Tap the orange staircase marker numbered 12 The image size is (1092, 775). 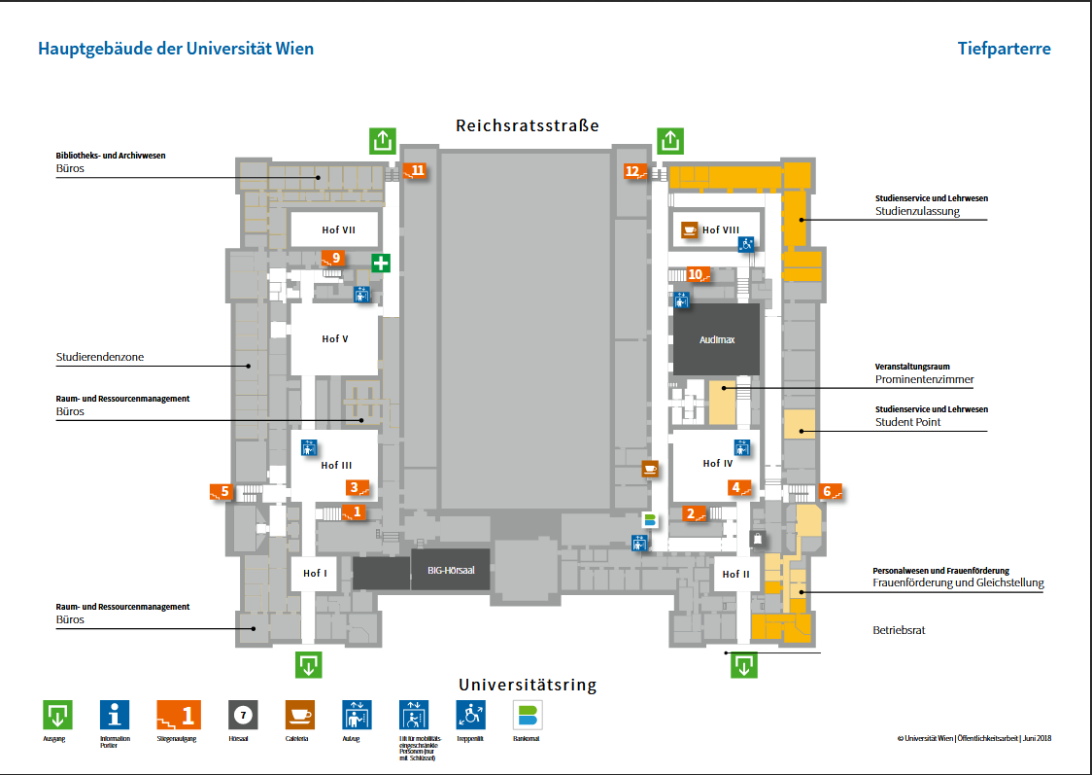click(x=635, y=172)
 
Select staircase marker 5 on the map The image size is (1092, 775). click(x=222, y=492)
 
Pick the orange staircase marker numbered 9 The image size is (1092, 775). click(x=333, y=259)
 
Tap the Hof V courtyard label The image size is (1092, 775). click(x=335, y=339)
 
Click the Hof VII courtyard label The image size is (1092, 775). click(x=338, y=230)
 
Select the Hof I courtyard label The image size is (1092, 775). click(x=315, y=574)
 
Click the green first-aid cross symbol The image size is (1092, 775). click(x=381, y=263)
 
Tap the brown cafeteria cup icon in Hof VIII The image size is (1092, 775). click(x=689, y=229)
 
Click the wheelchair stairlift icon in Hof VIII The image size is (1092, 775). click(x=746, y=244)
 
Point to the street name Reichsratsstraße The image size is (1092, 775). click(x=527, y=125)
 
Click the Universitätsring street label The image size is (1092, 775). click(x=527, y=685)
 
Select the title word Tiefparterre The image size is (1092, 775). click(x=1004, y=49)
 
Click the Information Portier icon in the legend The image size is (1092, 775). click(x=115, y=716)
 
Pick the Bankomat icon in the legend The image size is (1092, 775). click(x=528, y=716)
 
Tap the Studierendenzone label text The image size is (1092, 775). click(x=100, y=357)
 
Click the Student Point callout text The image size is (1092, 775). click(x=907, y=422)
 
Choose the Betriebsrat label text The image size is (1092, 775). click(x=899, y=630)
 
